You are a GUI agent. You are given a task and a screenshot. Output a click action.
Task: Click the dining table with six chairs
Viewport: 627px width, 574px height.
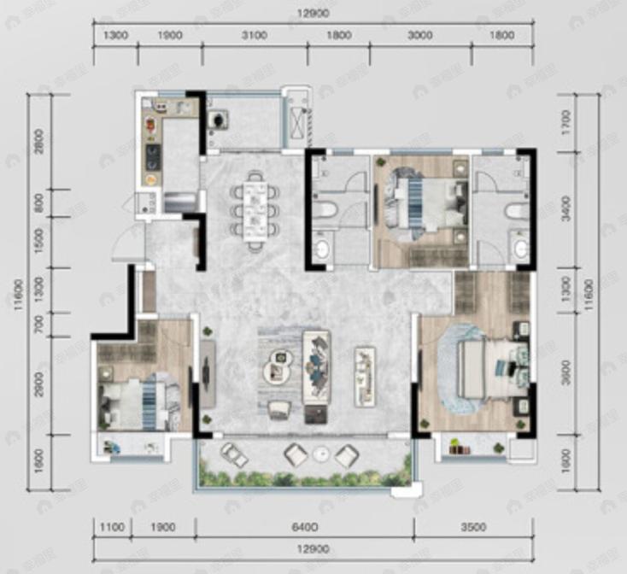click(x=255, y=209)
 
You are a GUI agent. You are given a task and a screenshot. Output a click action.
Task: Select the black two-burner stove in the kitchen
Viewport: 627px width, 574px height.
click(x=152, y=155)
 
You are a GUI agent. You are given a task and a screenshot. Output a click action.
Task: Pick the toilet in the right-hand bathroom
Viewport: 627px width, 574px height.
click(x=514, y=211)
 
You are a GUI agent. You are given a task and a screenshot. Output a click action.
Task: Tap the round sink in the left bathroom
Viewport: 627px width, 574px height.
click(x=321, y=249)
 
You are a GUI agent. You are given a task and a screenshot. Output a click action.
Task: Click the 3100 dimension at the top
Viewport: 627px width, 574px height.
click(x=254, y=36)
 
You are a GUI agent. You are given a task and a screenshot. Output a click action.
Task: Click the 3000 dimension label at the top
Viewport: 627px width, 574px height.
click(x=419, y=36)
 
